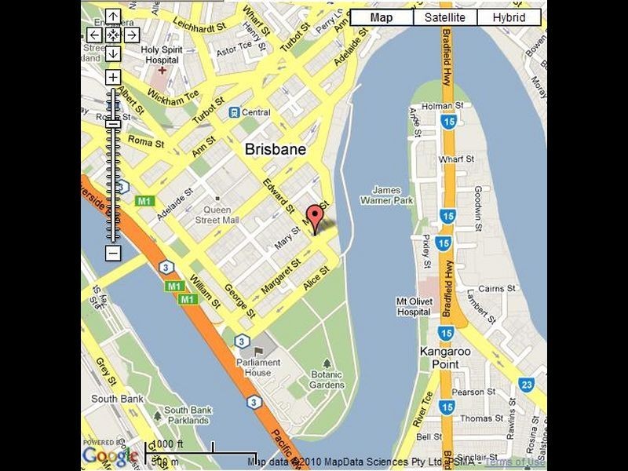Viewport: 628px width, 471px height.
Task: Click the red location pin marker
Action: pyautogui.click(x=315, y=216)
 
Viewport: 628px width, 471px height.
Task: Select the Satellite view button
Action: pyautogui.click(x=445, y=17)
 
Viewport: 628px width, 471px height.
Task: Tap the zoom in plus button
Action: pyautogui.click(x=113, y=77)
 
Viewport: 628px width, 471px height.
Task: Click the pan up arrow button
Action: pyautogui.click(x=113, y=16)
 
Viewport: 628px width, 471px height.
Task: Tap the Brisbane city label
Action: pyautogui.click(x=275, y=148)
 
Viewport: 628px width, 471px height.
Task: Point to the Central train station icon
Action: pyautogui.click(x=234, y=112)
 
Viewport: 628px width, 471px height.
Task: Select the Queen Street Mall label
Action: pyautogui.click(x=217, y=215)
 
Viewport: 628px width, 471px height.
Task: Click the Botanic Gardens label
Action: pyautogui.click(x=327, y=380)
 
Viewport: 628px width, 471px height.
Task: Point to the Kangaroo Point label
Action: pyautogui.click(x=445, y=356)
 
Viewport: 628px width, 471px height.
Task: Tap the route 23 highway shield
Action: pyautogui.click(x=526, y=384)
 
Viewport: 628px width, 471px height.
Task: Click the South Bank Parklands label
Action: pyautogui.click(x=188, y=415)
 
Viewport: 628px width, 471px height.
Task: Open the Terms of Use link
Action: pyautogui.click(x=515, y=462)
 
